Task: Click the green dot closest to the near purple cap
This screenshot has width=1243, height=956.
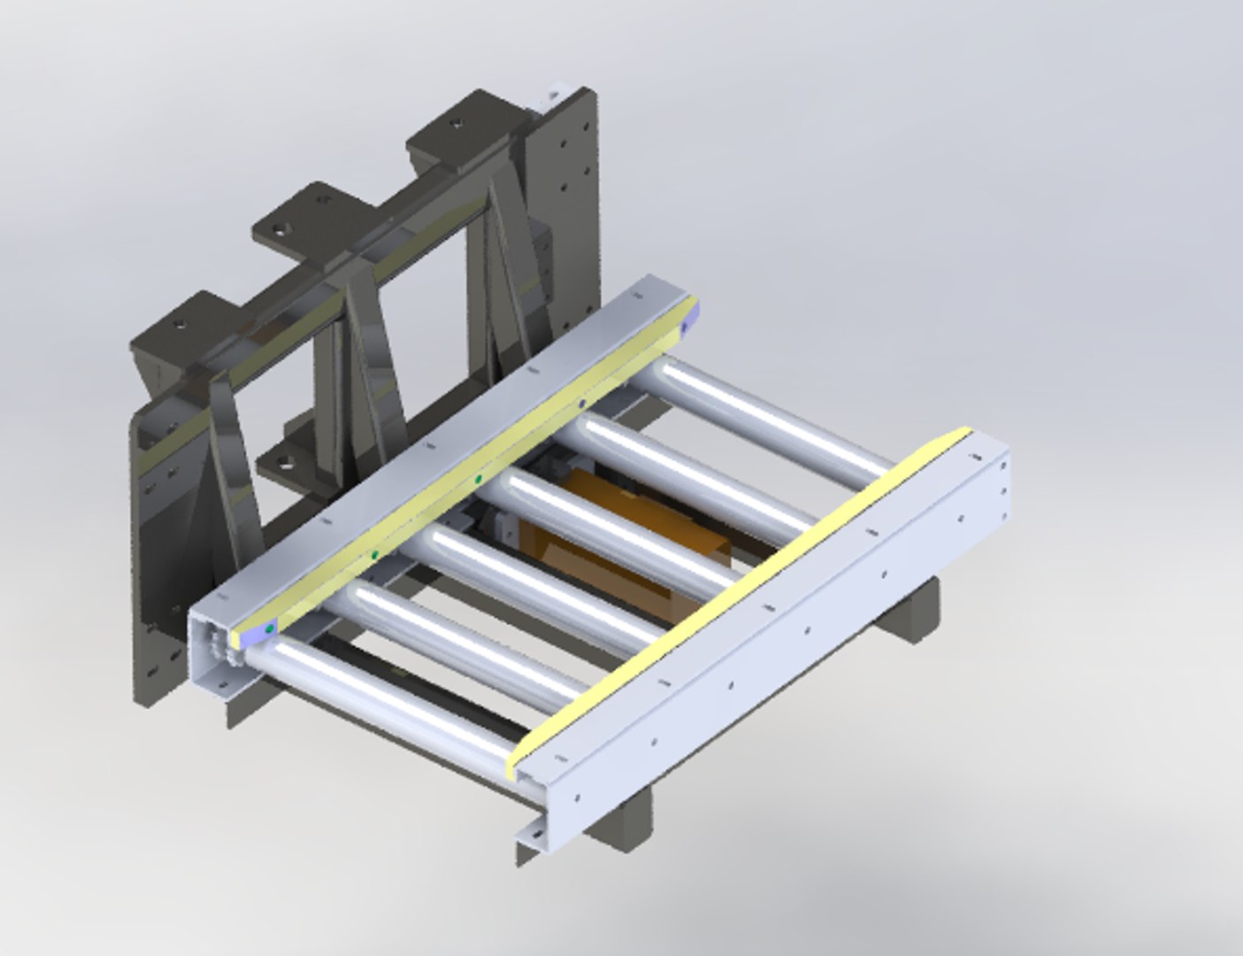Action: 375,555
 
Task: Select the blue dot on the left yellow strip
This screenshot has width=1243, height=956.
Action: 581,404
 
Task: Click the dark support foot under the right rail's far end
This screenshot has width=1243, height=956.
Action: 911,611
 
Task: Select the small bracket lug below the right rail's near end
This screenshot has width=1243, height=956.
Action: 531,836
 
